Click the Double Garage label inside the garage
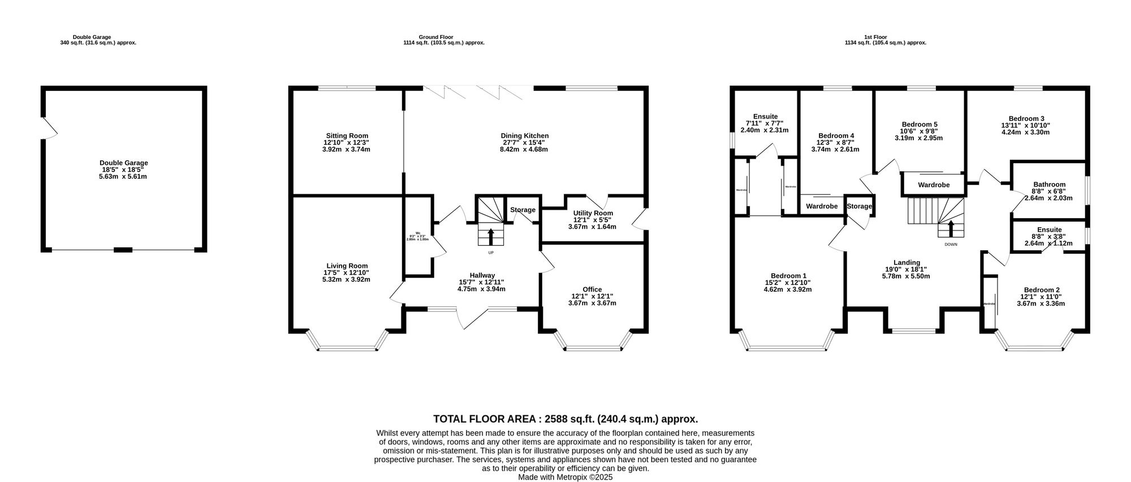pos(123,163)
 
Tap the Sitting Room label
pos(346,136)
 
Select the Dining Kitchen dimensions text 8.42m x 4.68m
pos(524,150)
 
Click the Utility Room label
pos(592,213)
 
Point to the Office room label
pos(592,289)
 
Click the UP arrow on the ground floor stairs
pos(490,236)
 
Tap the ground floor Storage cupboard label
pos(523,210)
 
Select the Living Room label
pos(347,266)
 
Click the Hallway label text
pos(482,275)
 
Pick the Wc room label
pos(418,233)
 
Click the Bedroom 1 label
pos(787,276)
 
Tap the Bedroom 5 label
pos(920,124)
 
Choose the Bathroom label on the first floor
pos(1049,184)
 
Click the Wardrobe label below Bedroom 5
pos(934,185)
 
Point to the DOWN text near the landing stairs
pos(951,245)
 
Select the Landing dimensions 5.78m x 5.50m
pos(906,276)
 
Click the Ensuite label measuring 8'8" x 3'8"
pos(1049,229)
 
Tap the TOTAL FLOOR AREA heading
pos(565,419)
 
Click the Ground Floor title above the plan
pos(443,37)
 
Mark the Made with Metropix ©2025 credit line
pos(565,477)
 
